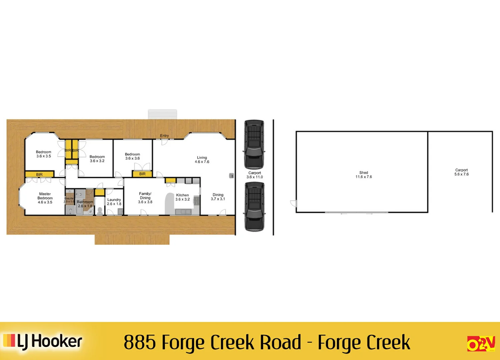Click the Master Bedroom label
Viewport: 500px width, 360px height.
point(45,198)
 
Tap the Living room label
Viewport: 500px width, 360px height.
point(202,160)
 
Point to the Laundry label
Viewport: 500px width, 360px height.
point(114,202)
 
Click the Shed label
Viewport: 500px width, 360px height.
point(364,175)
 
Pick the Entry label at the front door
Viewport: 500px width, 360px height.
point(164,136)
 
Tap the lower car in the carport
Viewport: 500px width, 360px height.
point(254,207)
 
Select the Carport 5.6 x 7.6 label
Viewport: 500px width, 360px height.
point(461,172)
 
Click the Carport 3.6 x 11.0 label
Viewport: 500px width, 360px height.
point(255,175)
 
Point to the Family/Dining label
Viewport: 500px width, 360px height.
point(145,198)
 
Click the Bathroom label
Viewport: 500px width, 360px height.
point(85,204)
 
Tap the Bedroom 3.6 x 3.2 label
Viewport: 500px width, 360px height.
point(97,159)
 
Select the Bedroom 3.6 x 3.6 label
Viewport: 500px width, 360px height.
point(132,156)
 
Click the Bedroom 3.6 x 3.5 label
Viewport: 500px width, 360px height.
point(44,154)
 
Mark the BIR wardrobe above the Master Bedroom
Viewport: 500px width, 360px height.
point(39,174)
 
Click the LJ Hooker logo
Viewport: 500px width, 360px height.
point(43,341)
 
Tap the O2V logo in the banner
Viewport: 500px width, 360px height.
point(481,344)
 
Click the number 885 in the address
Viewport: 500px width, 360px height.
point(140,342)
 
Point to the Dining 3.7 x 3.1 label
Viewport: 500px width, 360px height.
point(218,197)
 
